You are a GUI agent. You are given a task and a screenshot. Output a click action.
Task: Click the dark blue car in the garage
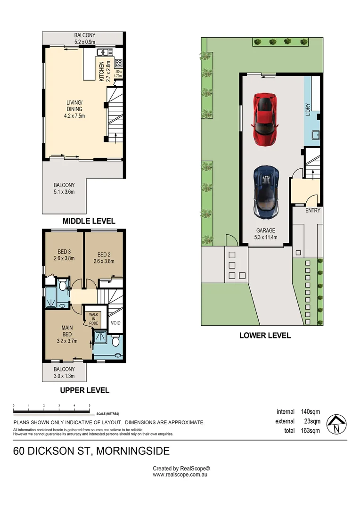pos(265,191)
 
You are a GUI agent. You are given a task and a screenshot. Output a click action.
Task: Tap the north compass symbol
pos(336,424)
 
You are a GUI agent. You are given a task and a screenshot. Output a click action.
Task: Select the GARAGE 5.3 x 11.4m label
pos(265,234)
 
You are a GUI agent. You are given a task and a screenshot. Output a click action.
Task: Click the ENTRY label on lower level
pos(312,211)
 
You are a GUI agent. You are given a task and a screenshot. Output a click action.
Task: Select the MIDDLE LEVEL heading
pos(90,221)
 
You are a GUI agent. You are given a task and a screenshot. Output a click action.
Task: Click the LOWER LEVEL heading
pos(265,336)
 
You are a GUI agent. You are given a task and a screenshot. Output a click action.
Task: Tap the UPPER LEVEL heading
pos(85,390)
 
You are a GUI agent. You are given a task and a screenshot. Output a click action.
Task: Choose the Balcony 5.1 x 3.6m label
pos(64,189)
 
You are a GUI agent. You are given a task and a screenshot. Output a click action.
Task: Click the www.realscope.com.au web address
pos(180,475)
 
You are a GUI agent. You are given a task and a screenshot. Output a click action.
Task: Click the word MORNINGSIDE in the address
pos(134,451)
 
